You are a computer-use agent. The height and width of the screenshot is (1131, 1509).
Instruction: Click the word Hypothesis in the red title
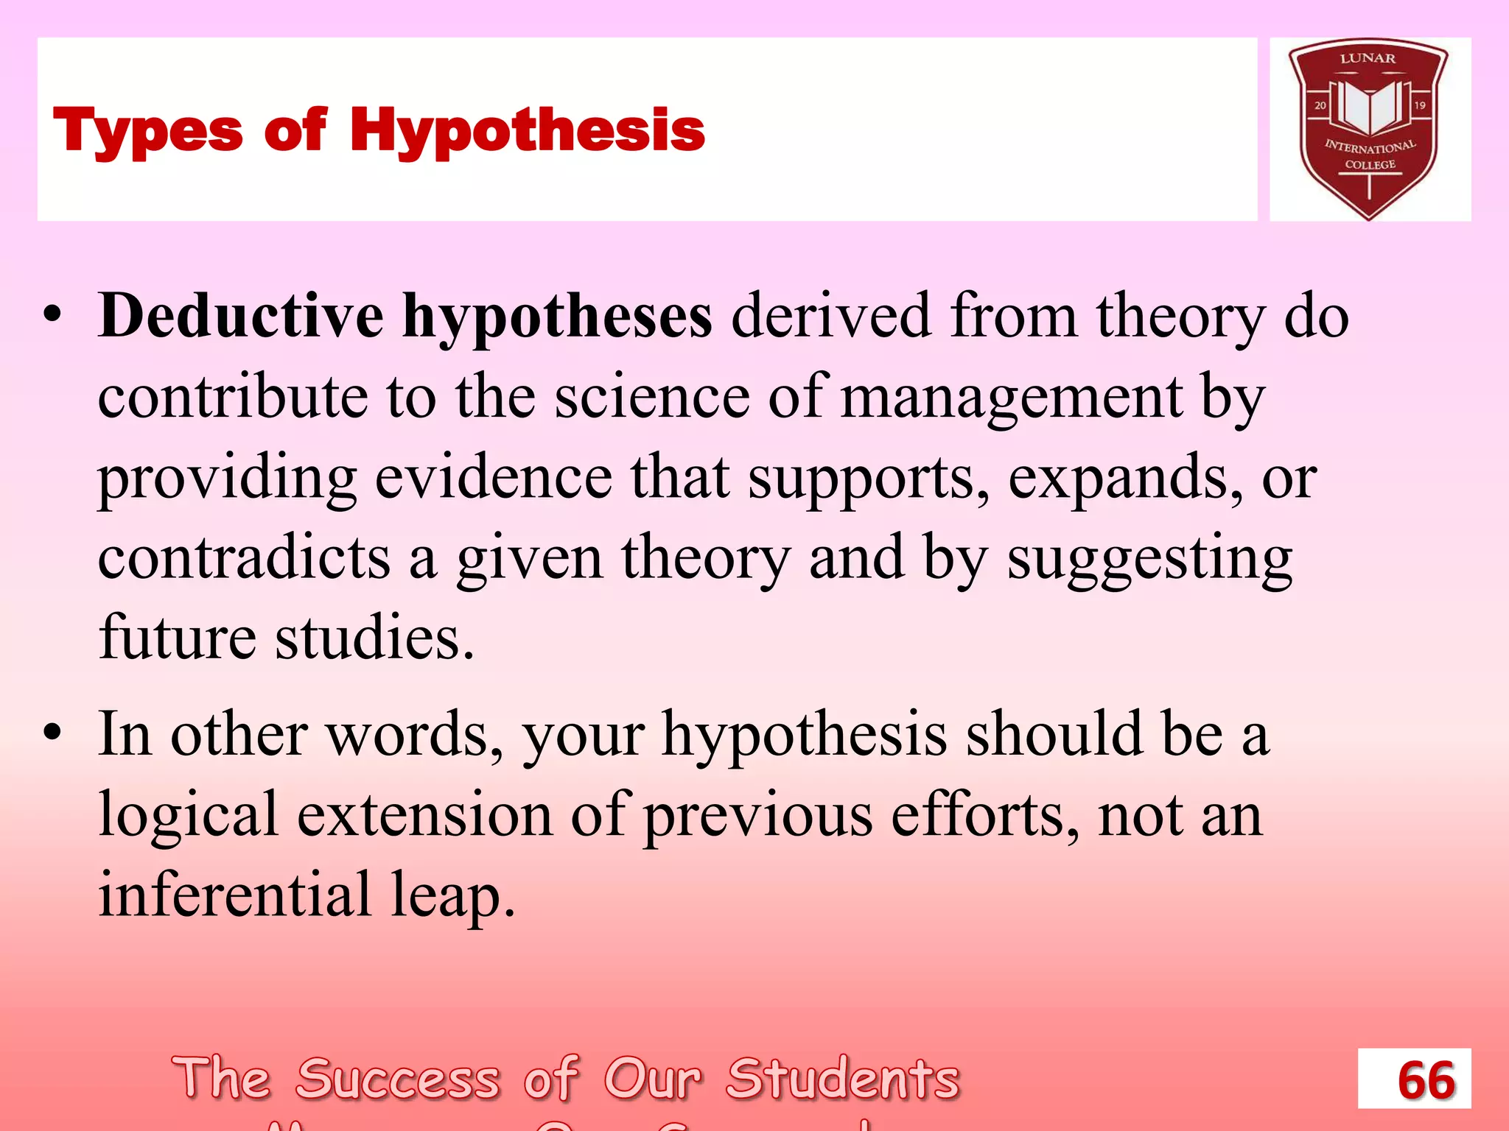coord(527,131)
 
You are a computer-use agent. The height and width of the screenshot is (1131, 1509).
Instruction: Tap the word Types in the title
coord(147,131)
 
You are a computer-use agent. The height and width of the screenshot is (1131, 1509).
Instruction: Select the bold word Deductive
coord(241,316)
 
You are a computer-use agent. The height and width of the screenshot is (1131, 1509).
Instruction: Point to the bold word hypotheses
coord(557,317)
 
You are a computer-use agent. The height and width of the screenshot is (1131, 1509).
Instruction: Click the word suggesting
coord(1149,560)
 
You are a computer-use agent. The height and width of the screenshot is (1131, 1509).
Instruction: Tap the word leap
coord(452,895)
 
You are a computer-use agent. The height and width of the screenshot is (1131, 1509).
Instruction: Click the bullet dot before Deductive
coord(52,316)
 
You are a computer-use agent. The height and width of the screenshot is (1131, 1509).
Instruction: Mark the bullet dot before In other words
coord(52,733)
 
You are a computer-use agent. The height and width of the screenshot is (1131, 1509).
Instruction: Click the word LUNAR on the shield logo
coord(1368,58)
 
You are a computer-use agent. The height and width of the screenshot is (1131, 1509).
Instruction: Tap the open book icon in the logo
coord(1369,108)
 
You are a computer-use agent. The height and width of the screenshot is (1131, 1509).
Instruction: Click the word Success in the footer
coord(398,1079)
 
